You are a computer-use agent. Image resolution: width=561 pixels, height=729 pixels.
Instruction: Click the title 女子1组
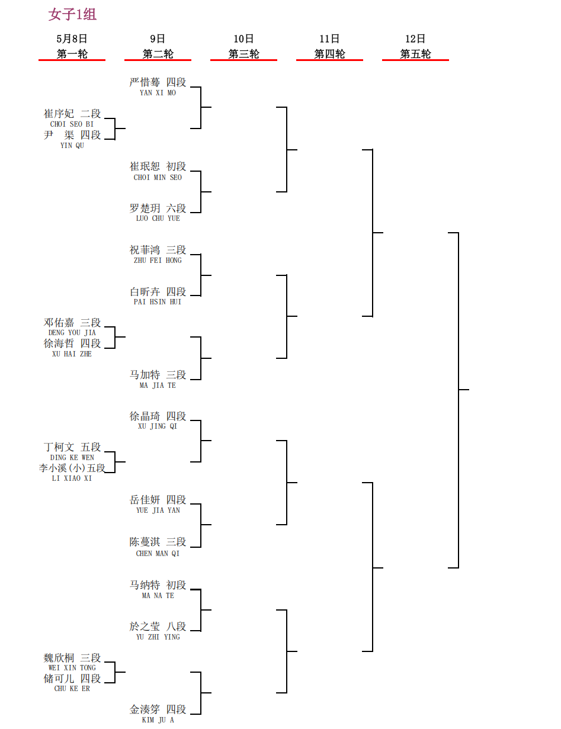tap(72, 14)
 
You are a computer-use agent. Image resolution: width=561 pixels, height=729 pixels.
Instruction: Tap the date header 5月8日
tap(72, 39)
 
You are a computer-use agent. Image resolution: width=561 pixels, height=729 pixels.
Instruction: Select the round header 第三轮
tap(243, 54)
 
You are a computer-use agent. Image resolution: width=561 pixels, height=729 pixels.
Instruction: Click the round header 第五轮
tap(415, 54)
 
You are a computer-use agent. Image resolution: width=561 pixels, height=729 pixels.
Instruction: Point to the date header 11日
tap(329, 39)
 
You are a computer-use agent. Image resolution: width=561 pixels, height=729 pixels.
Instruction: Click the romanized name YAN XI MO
tap(158, 93)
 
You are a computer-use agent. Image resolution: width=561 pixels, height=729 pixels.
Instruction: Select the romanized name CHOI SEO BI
tap(72, 124)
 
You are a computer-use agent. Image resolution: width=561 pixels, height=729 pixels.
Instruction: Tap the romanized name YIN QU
tap(72, 145)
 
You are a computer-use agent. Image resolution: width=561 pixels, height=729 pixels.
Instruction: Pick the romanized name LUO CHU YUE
tap(158, 219)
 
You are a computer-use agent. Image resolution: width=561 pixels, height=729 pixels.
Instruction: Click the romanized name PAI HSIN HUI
tap(158, 302)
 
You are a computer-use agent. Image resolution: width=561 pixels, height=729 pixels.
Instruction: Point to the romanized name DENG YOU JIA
tap(72, 332)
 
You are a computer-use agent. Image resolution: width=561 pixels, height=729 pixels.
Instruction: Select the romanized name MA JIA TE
tap(158, 386)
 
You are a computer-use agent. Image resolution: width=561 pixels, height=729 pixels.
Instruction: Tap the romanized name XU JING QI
tap(158, 426)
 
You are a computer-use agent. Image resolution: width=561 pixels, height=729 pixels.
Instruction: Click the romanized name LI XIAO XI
tap(72, 478)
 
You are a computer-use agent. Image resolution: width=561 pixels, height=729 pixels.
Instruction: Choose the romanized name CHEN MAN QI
tap(158, 553)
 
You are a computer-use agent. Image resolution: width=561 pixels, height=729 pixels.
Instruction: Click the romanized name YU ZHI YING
tap(158, 637)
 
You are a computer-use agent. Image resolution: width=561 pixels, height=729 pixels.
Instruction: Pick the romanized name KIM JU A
tap(158, 720)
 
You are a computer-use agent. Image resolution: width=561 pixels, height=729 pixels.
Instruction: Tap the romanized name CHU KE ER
tap(72, 688)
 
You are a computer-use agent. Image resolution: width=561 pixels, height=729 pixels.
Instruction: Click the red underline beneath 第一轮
tap(72, 60)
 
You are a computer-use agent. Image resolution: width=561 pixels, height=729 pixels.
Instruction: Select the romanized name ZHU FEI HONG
tap(158, 261)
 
